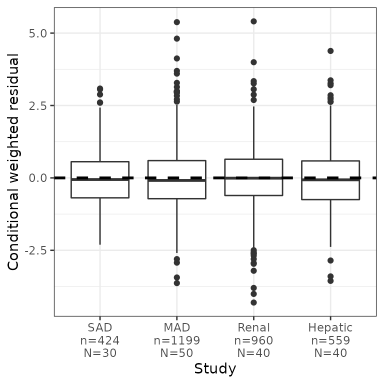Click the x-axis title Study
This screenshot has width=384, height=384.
[x=215, y=369]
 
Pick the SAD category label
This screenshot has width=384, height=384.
[x=100, y=328]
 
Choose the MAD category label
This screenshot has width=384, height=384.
[x=177, y=328]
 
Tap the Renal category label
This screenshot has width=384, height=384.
[x=253, y=328]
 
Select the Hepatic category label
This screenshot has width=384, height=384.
[x=330, y=328]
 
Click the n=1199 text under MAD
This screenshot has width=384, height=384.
[x=177, y=340]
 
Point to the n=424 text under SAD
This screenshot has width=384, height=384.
[x=100, y=340]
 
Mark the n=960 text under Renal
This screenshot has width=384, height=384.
[x=253, y=340]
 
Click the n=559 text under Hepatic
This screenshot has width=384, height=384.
[x=330, y=340]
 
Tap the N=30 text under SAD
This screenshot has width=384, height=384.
[x=100, y=353]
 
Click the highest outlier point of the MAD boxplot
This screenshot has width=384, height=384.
[x=177, y=22]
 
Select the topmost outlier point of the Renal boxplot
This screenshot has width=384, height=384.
[x=253, y=21]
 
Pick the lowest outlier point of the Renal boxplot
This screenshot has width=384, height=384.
[x=253, y=302]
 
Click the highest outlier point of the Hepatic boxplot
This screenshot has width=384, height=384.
[x=330, y=51]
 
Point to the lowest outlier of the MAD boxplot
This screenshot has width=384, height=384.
[x=177, y=283]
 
